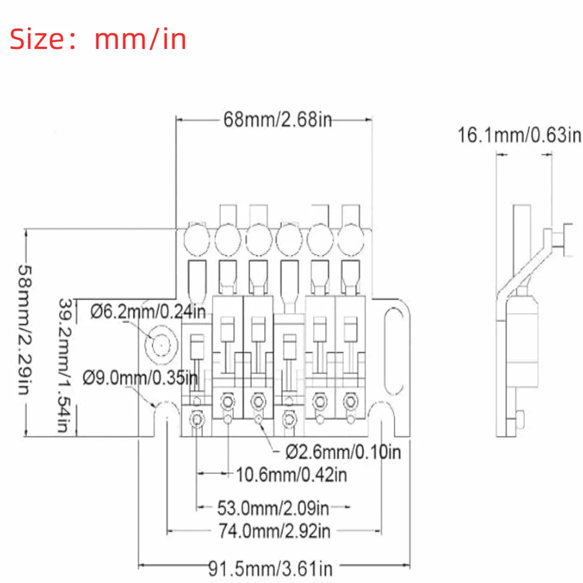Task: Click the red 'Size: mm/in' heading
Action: pos(98,39)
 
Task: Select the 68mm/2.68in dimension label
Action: pos(278,120)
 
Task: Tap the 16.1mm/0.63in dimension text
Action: pos(519,135)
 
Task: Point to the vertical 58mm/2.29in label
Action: pos(25,330)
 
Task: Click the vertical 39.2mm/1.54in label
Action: pos(65,366)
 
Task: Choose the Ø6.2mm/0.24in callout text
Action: pos(148,311)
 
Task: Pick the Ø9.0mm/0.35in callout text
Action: pos(140,378)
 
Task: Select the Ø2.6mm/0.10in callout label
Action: pos(343,452)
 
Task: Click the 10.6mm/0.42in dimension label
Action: pos(291,475)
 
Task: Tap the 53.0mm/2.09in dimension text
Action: pos(273,508)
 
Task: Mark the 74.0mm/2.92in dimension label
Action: pos(275,531)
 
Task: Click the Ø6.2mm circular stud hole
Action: pos(161,345)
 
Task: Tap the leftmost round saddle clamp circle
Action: pos(196,240)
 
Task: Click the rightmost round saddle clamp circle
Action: pos(350,240)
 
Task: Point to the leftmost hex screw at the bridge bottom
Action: pos(196,419)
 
